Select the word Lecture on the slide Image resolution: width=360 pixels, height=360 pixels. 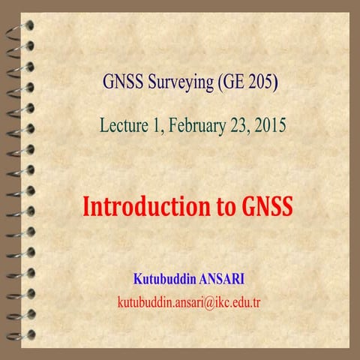pos(123,124)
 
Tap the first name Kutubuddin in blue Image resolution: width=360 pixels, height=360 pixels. pos(165,280)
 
